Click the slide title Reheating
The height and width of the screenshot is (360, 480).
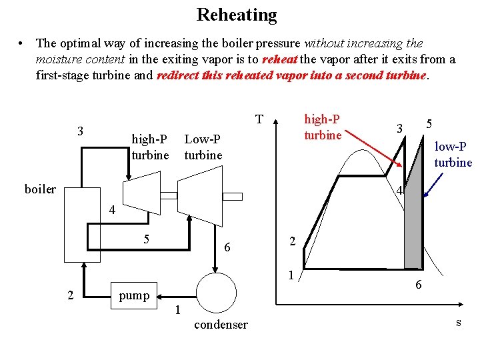click(x=237, y=15)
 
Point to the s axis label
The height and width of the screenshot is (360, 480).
click(x=458, y=322)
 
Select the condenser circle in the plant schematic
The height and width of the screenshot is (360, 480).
click(x=216, y=293)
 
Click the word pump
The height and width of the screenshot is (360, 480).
click(x=134, y=295)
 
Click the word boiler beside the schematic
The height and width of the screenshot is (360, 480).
click(x=40, y=189)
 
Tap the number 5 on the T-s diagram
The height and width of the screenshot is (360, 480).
click(x=430, y=124)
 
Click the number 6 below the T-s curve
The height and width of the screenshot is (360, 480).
click(x=418, y=285)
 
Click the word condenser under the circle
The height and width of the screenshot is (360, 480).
click(x=220, y=325)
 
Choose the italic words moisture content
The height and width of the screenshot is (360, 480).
click(x=75, y=59)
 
